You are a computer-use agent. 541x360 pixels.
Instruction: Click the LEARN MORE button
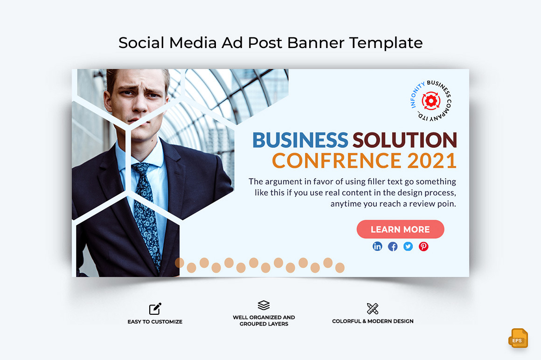(400, 229)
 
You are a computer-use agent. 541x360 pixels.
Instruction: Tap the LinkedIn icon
(377, 246)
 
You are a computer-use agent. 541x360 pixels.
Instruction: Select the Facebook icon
(393, 246)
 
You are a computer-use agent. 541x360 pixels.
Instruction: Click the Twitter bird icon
(408, 246)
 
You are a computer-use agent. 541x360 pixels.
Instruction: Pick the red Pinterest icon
(423, 246)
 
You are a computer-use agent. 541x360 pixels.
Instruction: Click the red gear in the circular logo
(431, 100)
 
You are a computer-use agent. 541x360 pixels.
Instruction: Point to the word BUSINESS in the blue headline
(300, 140)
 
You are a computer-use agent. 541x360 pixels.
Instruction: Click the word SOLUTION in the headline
(404, 140)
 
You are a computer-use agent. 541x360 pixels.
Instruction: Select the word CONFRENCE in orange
(336, 160)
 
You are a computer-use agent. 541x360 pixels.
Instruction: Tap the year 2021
(432, 160)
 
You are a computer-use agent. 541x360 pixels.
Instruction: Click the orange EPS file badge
(518, 338)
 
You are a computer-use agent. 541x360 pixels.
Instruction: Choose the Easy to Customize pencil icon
(155, 309)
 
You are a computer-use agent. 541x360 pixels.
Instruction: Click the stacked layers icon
(264, 305)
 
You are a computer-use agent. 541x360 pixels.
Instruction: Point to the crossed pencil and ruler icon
(373, 309)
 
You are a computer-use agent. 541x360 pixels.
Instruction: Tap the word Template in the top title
(386, 43)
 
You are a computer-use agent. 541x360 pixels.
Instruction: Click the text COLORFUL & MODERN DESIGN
(373, 321)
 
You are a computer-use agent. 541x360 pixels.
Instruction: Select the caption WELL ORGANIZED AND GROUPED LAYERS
(264, 321)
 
